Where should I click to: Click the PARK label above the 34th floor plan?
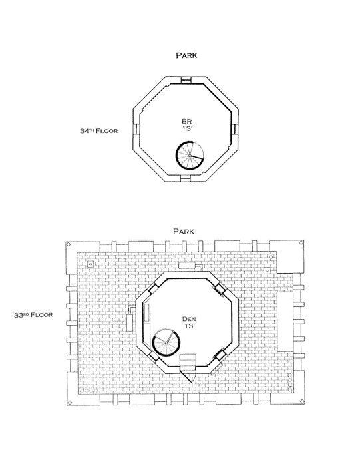click(186, 55)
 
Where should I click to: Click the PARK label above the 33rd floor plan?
click(184, 231)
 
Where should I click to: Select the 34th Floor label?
click(98, 130)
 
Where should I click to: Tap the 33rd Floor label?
click(33, 315)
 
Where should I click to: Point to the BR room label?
click(186, 121)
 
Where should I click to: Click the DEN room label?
click(189, 319)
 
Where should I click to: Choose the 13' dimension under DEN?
click(189, 326)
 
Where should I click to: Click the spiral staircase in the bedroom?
click(190, 155)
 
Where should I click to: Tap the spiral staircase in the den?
click(166, 342)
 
